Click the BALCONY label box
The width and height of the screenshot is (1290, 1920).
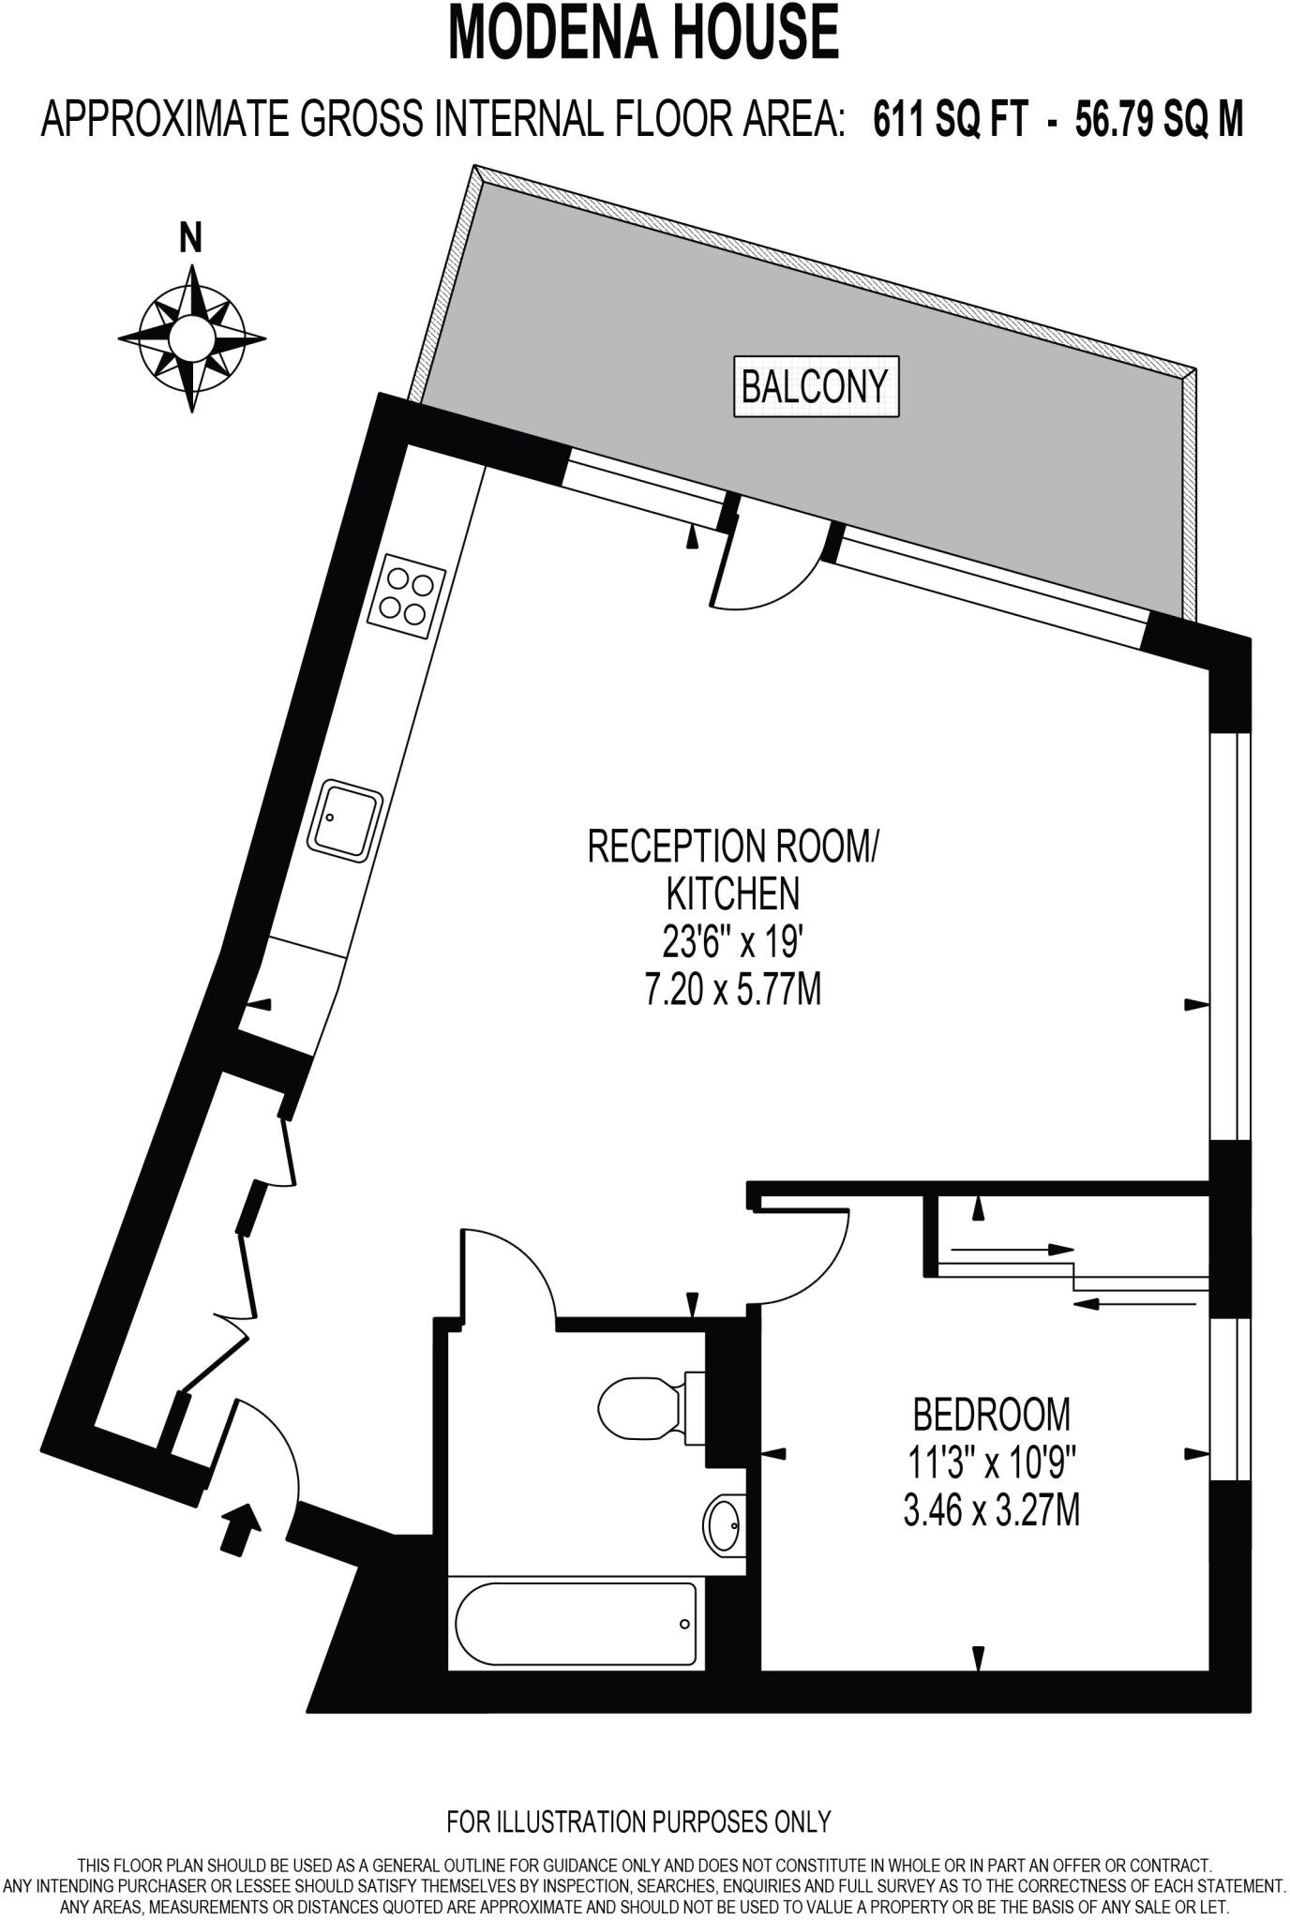pyautogui.click(x=814, y=385)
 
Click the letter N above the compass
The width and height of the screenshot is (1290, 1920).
pyautogui.click(x=190, y=240)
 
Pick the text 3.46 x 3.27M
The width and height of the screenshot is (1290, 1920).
pyautogui.click(x=990, y=1510)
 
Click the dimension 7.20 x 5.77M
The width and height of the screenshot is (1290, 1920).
pyautogui.click(x=732, y=990)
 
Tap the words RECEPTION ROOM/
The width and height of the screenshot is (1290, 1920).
pyautogui.click(x=732, y=846)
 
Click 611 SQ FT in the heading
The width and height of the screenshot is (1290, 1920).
pyautogui.click(x=950, y=120)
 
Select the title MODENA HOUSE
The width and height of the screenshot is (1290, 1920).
pyautogui.click(x=643, y=32)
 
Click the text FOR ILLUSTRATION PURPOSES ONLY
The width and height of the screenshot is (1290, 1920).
pyautogui.click(x=638, y=1821)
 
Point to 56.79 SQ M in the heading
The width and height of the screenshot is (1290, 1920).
pyautogui.click(x=1159, y=120)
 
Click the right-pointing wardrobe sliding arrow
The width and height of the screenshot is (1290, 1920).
pyautogui.click(x=1012, y=1249)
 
